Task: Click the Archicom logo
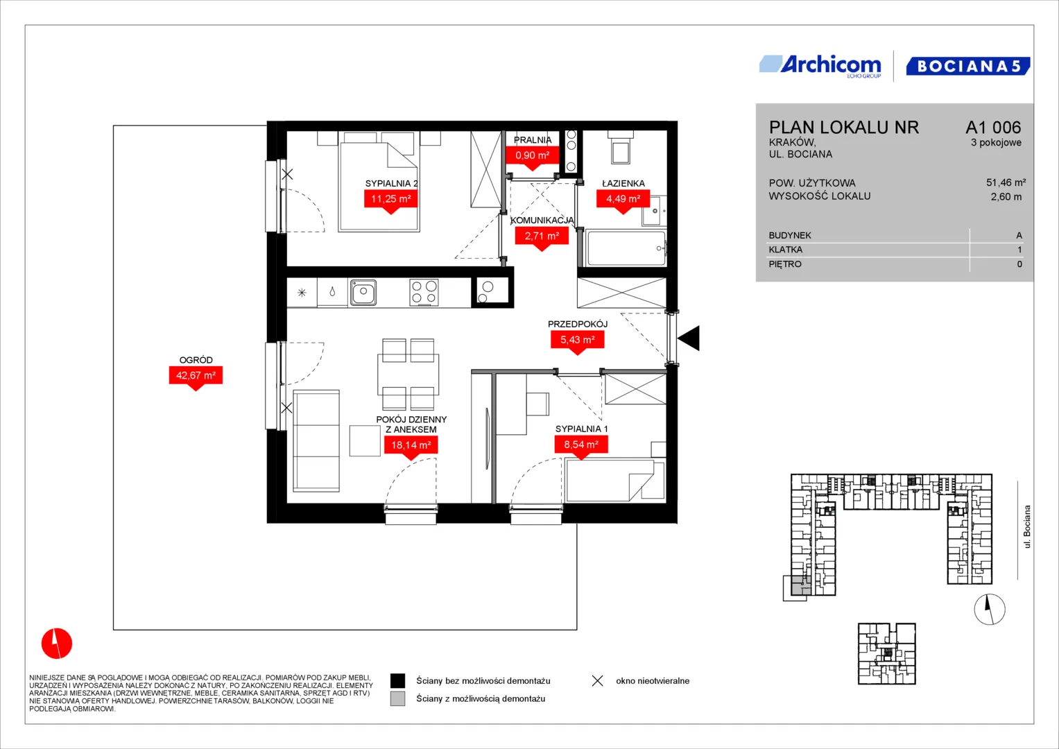click(820, 66)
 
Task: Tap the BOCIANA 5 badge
click(967, 66)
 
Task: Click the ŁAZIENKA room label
click(623, 183)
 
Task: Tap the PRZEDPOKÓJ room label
click(577, 324)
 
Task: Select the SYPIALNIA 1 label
click(581, 429)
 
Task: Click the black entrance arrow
click(690, 338)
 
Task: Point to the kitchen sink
click(363, 292)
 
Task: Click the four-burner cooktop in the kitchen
click(424, 292)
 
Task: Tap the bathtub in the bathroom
click(626, 249)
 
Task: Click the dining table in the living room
click(408, 374)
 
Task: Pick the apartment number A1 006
click(993, 127)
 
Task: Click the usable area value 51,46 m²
click(1006, 182)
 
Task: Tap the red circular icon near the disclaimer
click(57, 643)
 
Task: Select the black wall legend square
click(397, 681)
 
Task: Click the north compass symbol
click(990, 609)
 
